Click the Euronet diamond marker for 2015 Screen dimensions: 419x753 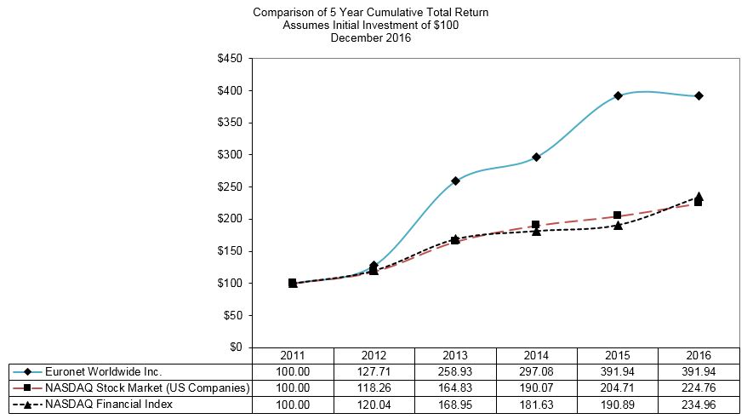coord(618,95)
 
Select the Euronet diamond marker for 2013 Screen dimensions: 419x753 coord(455,181)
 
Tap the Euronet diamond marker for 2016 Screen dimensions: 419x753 coord(699,95)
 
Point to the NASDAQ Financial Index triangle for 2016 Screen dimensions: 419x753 coord(699,197)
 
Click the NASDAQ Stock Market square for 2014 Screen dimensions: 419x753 coord(536,225)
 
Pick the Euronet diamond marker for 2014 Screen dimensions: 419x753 coord(536,157)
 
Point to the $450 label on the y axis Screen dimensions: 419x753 coord(231,59)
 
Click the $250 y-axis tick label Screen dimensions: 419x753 coord(231,187)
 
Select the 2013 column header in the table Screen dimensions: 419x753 coord(455,355)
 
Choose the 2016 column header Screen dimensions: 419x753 coord(699,355)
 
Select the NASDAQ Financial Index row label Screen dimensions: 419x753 coord(108,404)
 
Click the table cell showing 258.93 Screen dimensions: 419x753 coord(455,371)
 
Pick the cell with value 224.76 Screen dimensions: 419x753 coord(699,387)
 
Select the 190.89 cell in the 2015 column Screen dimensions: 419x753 coord(618,404)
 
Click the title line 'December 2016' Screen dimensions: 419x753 coord(371,37)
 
